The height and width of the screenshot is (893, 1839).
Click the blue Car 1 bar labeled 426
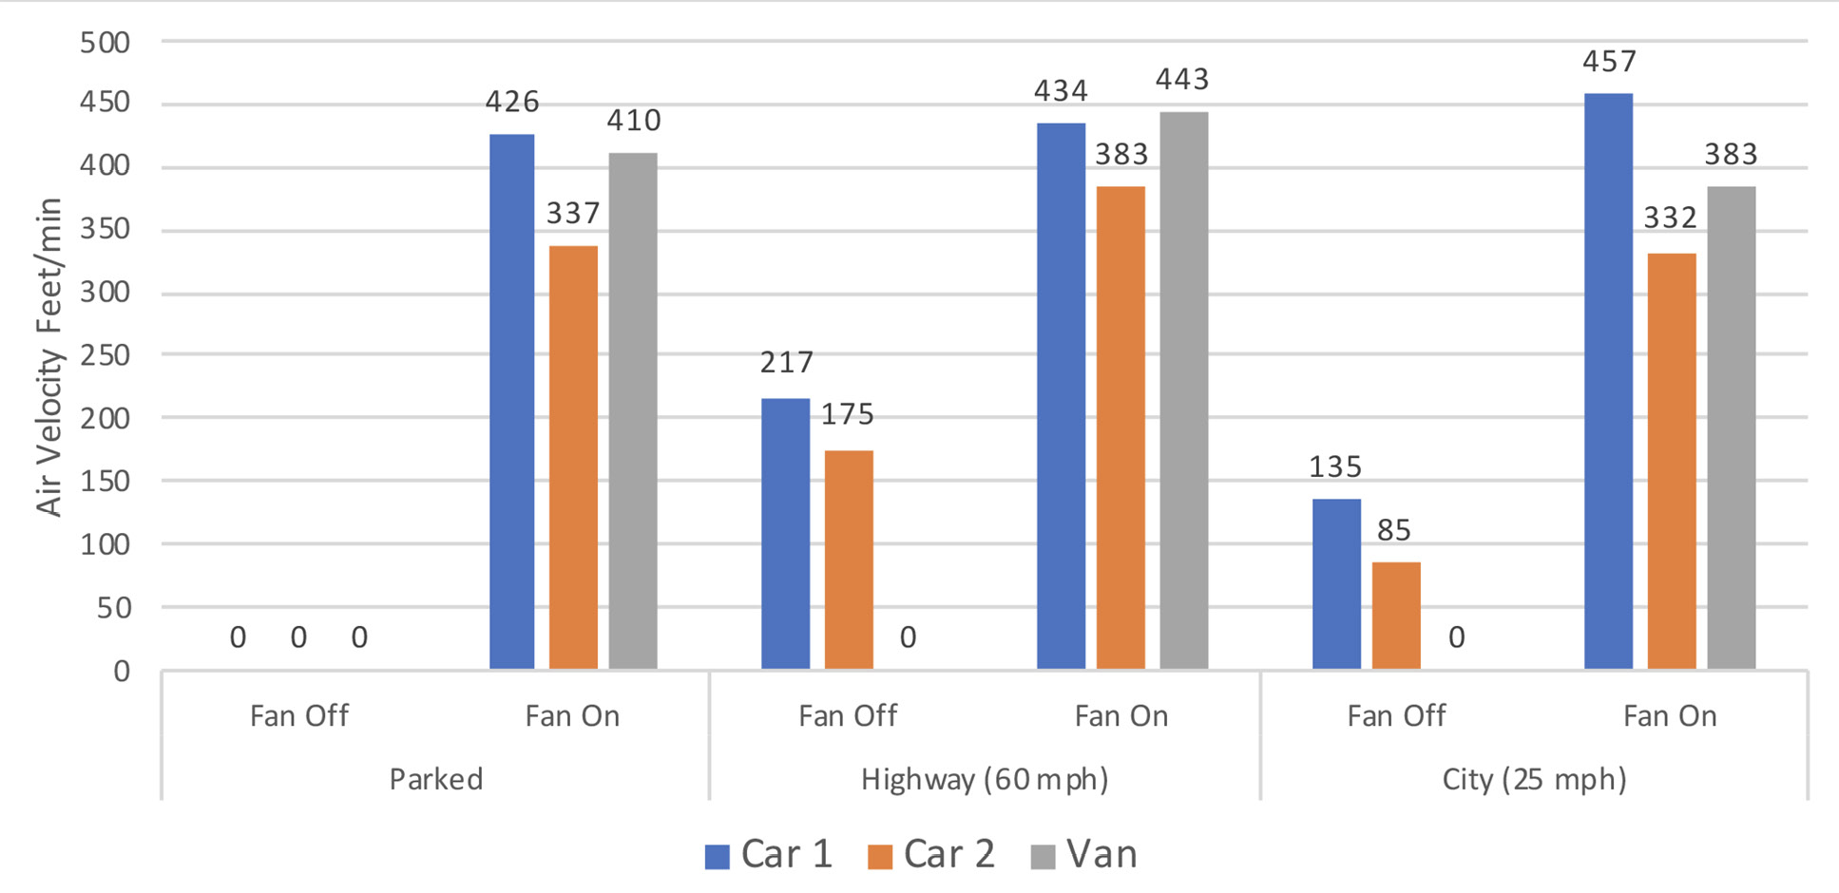tap(511, 402)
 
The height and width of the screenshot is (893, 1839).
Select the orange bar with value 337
tap(573, 457)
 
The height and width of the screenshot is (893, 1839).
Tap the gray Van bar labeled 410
tap(633, 411)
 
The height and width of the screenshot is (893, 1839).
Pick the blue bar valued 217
tap(786, 533)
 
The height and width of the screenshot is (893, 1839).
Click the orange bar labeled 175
tap(848, 560)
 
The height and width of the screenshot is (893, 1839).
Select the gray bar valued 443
tap(1183, 390)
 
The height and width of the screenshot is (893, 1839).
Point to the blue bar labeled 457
tap(1608, 381)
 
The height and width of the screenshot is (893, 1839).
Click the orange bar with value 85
tap(1396, 616)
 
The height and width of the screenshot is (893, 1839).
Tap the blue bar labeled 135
tap(1336, 584)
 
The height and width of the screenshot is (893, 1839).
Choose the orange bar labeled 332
tap(1671, 461)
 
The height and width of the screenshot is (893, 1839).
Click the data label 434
tap(1061, 91)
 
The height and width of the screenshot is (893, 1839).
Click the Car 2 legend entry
tap(931, 854)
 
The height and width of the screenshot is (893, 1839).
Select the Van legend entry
tap(1084, 854)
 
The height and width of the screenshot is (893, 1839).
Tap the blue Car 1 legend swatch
tap(717, 856)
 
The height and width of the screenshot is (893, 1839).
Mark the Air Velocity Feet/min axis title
tap(49, 356)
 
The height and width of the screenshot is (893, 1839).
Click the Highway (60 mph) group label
tap(985, 779)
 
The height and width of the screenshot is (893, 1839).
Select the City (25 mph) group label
tap(1534, 779)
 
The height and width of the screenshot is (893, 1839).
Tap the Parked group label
tap(436, 779)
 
